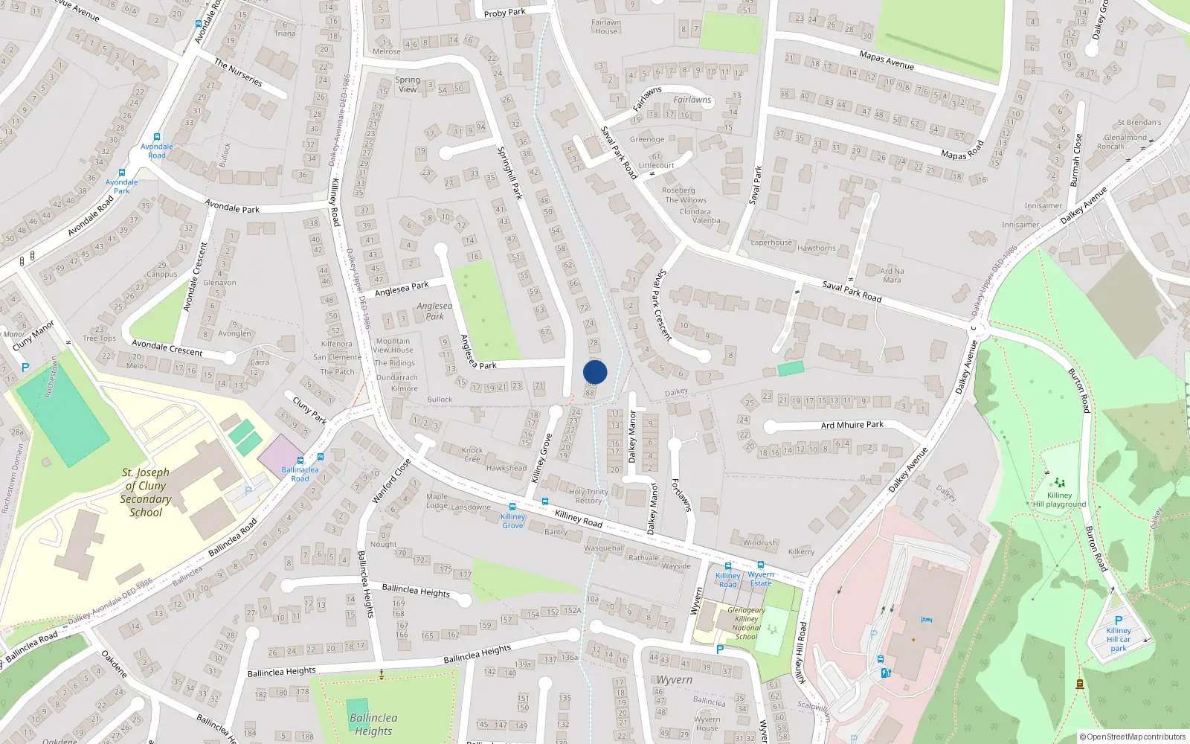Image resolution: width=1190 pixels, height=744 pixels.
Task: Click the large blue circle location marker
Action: point(595,372)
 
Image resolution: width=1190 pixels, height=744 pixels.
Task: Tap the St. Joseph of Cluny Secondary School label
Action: point(146,492)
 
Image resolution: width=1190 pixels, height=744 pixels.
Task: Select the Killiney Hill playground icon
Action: point(1060,483)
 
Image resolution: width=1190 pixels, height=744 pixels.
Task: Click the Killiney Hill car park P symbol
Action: point(1118,620)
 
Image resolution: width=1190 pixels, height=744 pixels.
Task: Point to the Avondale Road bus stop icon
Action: point(157,137)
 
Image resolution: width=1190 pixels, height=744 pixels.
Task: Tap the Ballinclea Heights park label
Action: point(373,724)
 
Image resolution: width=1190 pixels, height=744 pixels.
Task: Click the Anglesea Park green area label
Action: point(434,311)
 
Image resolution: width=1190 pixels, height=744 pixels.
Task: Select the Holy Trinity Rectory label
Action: point(588,496)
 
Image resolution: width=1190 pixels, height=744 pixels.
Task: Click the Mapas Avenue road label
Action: point(887,60)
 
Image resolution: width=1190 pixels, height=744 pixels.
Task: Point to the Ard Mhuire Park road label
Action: point(852,425)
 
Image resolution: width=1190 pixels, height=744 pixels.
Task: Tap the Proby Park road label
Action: point(504,13)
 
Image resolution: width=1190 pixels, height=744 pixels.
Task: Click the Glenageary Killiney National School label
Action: point(746,623)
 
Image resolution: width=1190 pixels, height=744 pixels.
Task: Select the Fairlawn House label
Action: point(606,27)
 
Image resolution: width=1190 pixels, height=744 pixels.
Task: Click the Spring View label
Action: point(408,84)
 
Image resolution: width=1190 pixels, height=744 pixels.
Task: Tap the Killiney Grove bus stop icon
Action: point(512,507)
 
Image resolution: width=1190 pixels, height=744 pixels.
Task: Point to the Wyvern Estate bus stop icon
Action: point(761,565)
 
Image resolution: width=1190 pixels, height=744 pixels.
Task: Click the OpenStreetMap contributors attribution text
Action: point(1133,737)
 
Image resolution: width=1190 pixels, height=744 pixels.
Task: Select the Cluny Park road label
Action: point(309,411)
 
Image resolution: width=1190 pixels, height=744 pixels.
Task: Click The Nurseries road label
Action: point(238,73)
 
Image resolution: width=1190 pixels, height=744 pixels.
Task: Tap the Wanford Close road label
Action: point(391,481)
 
